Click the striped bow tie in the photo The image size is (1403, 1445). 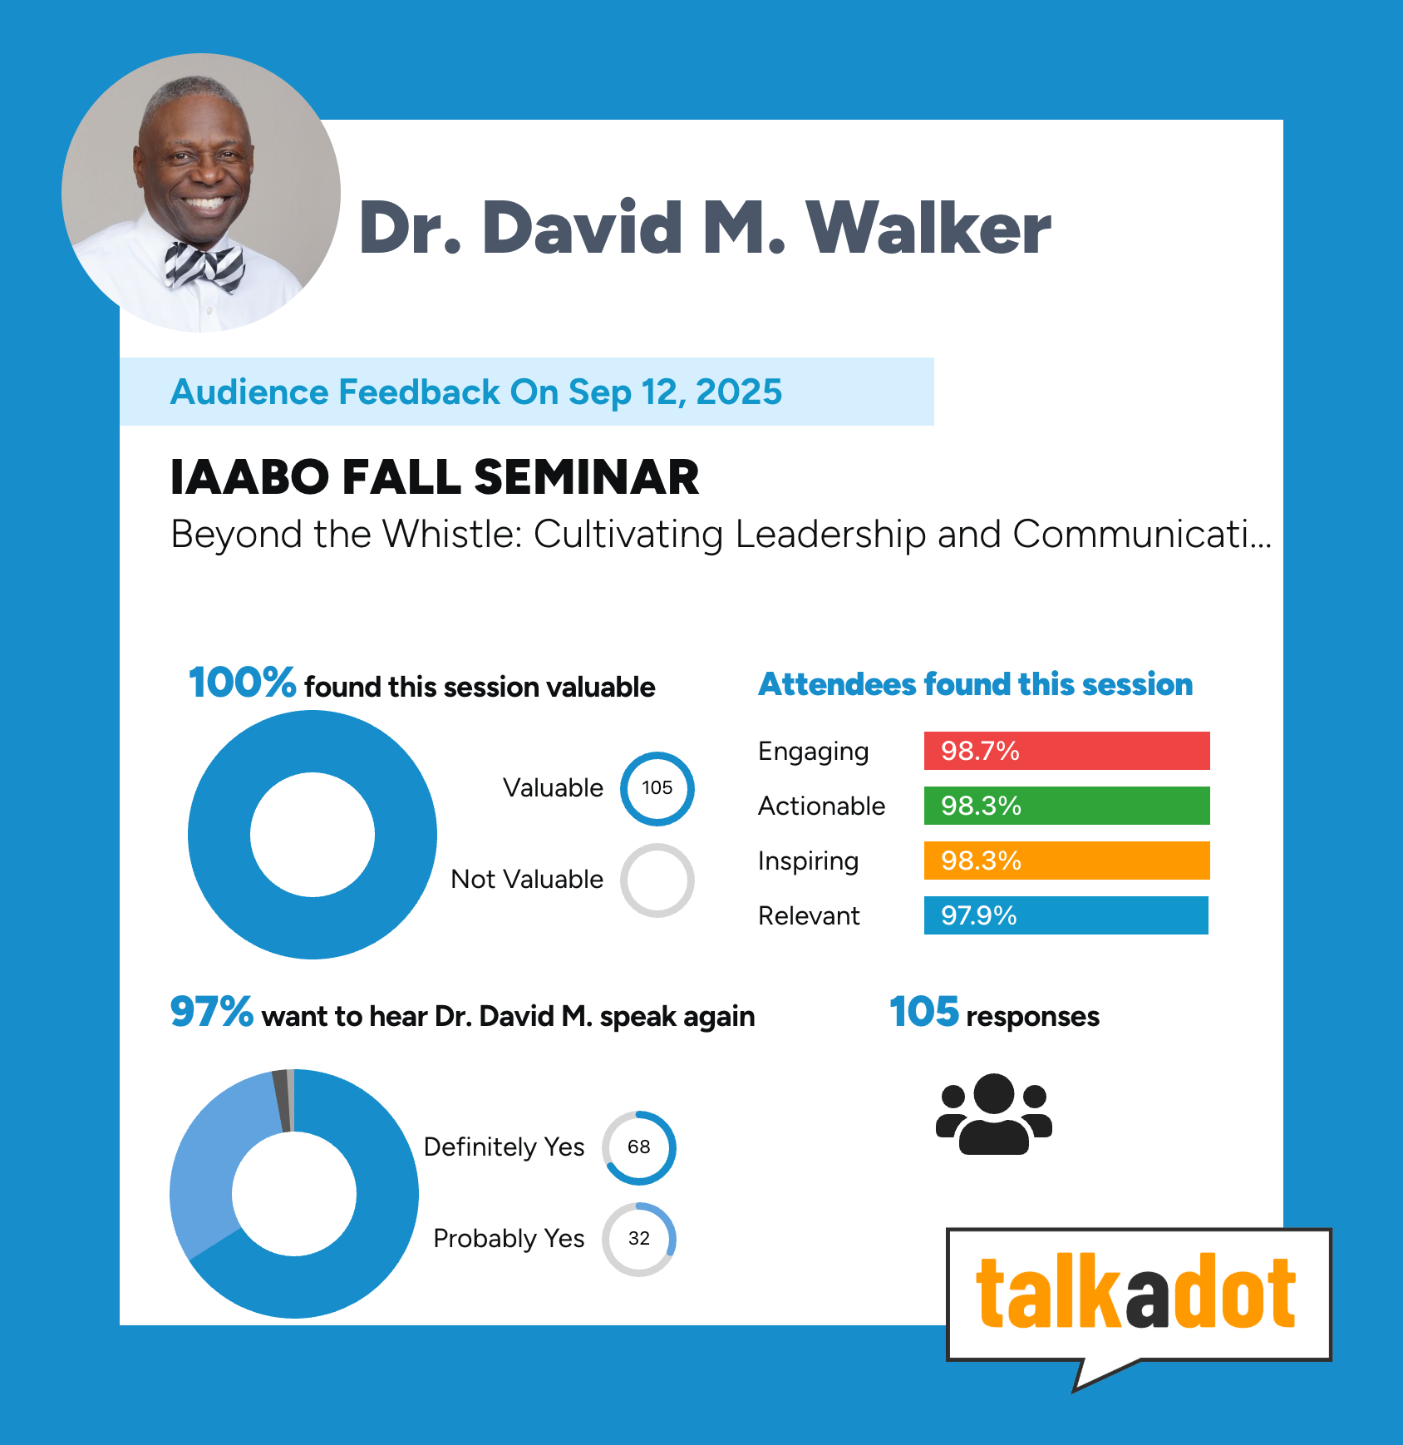[x=204, y=267]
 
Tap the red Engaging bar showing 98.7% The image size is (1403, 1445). [x=1066, y=751]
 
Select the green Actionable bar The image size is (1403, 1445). [x=1066, y=806]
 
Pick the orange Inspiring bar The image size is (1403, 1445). [x=1066, y=861]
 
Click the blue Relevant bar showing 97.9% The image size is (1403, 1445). [x=1066, y=915]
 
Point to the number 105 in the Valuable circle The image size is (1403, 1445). [x=657, y=787]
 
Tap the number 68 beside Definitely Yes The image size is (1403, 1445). [x=638, y=1147]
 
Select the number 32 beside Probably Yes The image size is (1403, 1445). [x=638, y=1238]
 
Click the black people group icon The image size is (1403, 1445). [x=994, y=1114]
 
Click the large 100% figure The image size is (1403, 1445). [x=242, y=683]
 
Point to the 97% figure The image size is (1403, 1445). [x=211, y=1012]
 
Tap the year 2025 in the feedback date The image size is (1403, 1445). [x=739, y=392]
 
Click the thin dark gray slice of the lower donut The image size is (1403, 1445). [x=281, y=1101]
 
